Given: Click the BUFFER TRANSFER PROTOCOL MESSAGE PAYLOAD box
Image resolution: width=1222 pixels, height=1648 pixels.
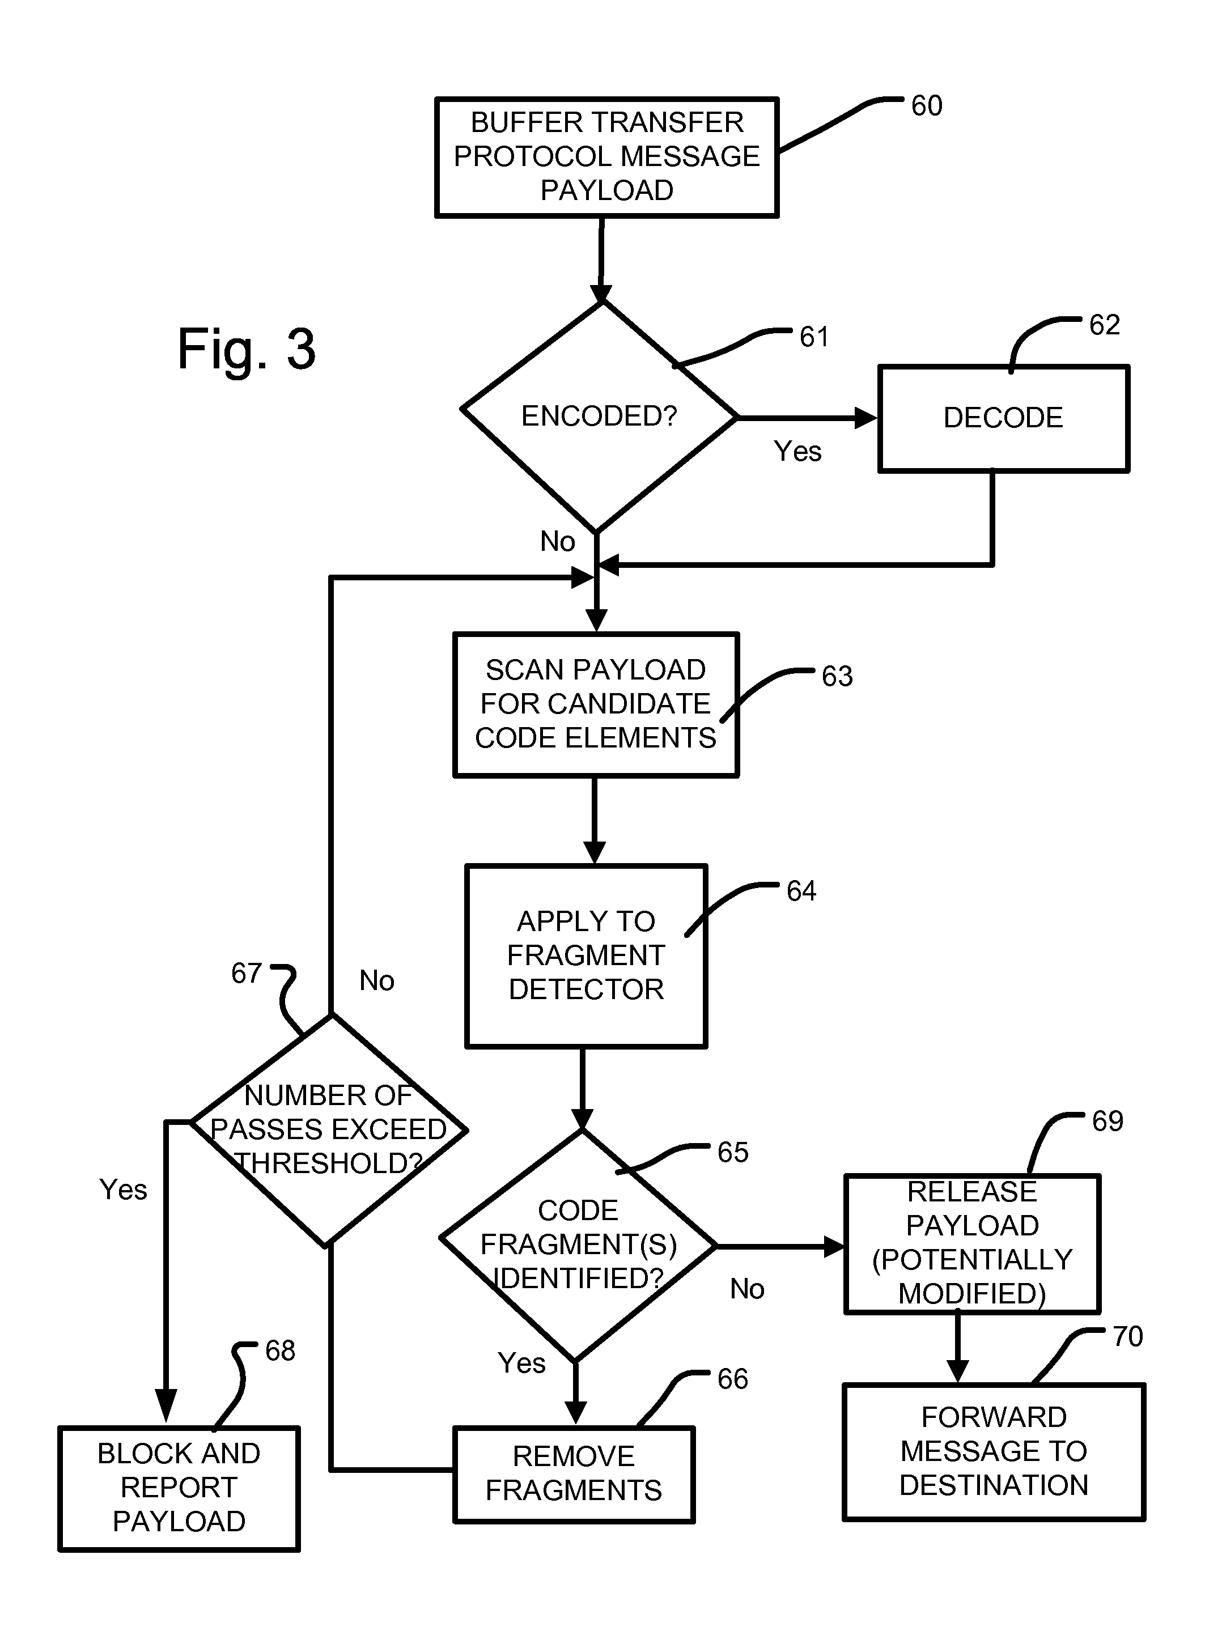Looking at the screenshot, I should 606,157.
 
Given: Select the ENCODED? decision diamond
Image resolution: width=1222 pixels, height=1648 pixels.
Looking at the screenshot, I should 599,417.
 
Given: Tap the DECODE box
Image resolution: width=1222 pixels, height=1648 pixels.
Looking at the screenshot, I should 1003,418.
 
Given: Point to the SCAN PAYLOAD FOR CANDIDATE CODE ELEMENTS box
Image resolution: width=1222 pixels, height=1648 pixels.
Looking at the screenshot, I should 596,704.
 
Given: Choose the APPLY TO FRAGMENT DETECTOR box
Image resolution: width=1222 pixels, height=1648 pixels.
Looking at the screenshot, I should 586,955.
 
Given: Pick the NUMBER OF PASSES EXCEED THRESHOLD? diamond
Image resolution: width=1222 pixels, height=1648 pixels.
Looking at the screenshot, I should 328,1129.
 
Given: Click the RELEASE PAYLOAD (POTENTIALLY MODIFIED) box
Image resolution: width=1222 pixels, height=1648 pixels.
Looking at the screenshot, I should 972,1243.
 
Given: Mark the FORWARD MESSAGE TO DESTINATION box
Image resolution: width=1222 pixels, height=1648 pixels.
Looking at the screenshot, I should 994,1451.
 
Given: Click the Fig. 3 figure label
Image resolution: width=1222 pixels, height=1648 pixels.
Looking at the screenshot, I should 247,349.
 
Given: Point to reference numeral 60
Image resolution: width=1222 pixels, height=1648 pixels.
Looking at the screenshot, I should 926,106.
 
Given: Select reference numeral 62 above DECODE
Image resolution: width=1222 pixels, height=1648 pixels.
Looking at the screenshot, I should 1104,325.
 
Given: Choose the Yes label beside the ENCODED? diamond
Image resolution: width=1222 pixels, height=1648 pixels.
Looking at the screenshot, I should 797,451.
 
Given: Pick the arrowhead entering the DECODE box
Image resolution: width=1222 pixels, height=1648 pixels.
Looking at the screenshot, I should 865,418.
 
